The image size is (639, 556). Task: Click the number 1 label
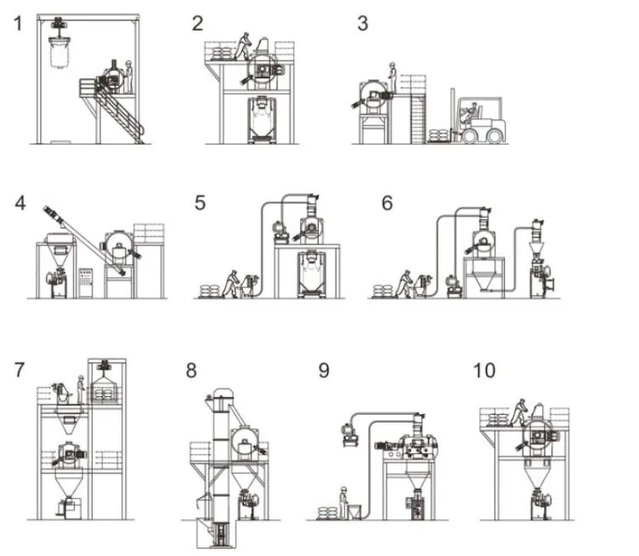pyautogui.click(x=18, y=23)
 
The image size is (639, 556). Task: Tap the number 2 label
pyautogui.click(x=197, y=23)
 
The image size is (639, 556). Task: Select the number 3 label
pyautogui.click(x=363, y=23)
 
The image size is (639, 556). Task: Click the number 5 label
pyautogui.click(x=200, y=203)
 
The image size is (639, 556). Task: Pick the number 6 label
pyautogui.click(x=387, y=203)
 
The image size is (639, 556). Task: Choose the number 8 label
pyautogui.click(x=191, y=371)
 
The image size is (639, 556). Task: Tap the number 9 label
pyautogui.click(x=324, y=371)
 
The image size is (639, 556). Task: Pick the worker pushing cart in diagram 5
pyautogui.click(x=230, y=281)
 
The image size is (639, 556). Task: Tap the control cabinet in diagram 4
pyautogui.click(x=86, y=281)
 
